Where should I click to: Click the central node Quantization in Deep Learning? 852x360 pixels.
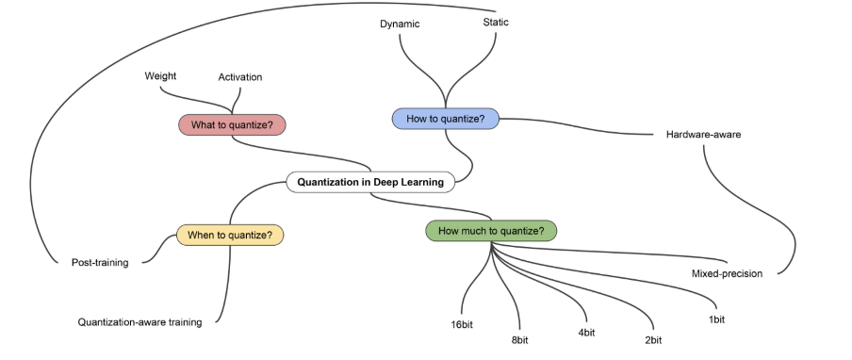point(370,182)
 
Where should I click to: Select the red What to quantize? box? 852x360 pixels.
point(232,124)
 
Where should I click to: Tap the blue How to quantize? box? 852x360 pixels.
point(445,118)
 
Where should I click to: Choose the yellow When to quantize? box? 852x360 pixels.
point(230,235)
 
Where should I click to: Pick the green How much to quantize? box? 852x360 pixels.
point(491,230)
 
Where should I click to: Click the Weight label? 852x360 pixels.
point(160,75)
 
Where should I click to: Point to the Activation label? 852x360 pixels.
point(240,76)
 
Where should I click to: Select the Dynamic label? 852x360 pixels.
point(400,23)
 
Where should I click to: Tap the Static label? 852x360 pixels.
point(496,22)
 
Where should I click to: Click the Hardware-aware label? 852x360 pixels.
point(703,135)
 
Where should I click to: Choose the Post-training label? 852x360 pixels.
point(100,262)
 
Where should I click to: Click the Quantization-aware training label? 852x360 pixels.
point(139,322)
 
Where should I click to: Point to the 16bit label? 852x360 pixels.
point(462,325)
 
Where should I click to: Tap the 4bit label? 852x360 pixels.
point(585,333)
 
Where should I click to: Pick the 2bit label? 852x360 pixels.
point(652,339)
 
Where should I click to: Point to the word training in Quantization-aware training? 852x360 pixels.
point(184,322)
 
